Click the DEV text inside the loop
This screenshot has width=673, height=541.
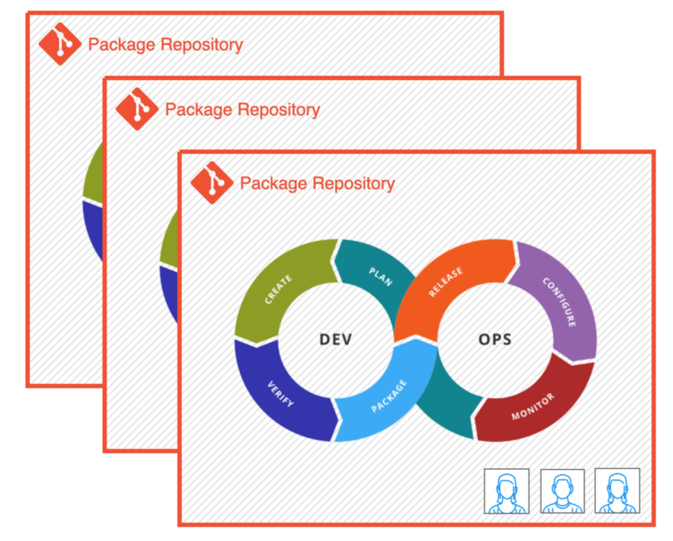[x=336, y=339]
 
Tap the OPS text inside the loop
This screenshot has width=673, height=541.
[x=495, y=339]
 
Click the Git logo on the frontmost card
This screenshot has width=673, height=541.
[x=211, y=183]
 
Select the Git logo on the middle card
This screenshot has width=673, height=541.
[x=136, y=109]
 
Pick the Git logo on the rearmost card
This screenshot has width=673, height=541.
[x=60, y=44]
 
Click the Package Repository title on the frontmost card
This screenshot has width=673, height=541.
[x=317, y=183]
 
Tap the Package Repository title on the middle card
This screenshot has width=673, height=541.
[x=242, y=110]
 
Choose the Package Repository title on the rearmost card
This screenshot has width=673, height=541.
[x=165, y=44]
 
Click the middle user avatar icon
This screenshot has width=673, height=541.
[x=562, y=491]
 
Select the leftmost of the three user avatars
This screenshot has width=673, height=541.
[x=506, y=491]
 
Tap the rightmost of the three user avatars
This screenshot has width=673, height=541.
[x=617, y=491]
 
